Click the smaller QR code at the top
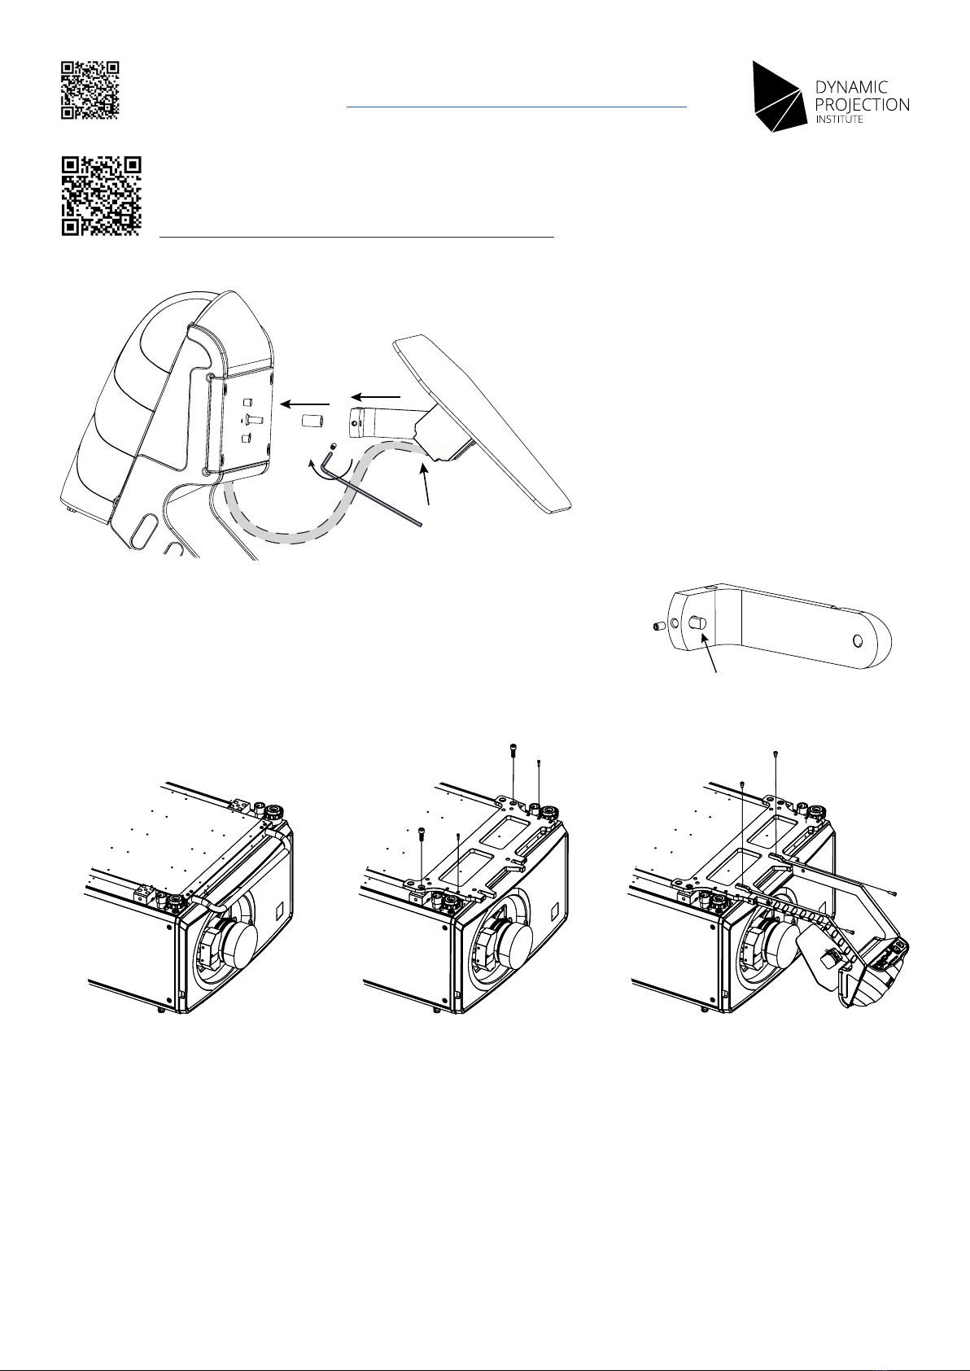90,90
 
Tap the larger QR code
101,196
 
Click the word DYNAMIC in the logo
851,88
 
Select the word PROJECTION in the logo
863,105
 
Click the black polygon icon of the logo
777,97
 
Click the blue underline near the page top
517,107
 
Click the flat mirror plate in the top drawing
483,422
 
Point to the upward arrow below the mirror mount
425,483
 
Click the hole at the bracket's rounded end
858,641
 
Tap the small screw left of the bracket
658,627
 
